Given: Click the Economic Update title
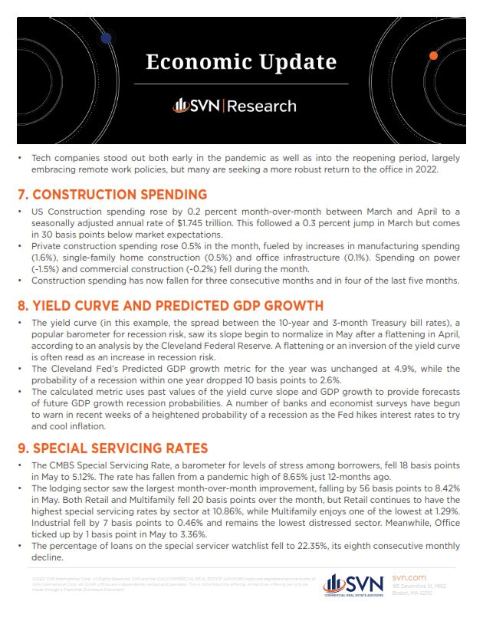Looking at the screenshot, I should pos(241,61).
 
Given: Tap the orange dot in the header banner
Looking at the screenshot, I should pos(434,56).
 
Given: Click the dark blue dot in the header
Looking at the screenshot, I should pos(106,37).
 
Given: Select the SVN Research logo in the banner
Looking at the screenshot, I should pos(234,106).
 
